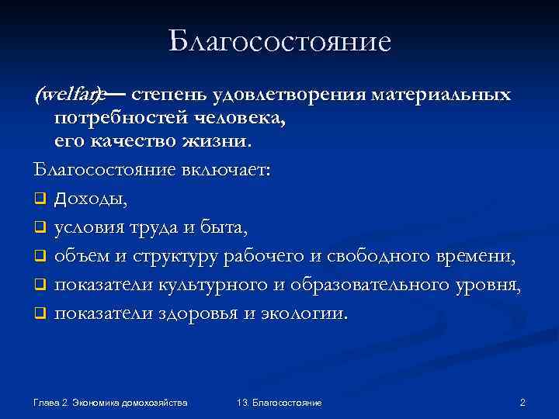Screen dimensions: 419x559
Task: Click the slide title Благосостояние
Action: [279, 40]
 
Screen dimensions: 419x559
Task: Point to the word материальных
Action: [441, 95]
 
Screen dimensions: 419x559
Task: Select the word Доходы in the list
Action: [91, 199]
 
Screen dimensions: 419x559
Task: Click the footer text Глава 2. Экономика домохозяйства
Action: [111, 403]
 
